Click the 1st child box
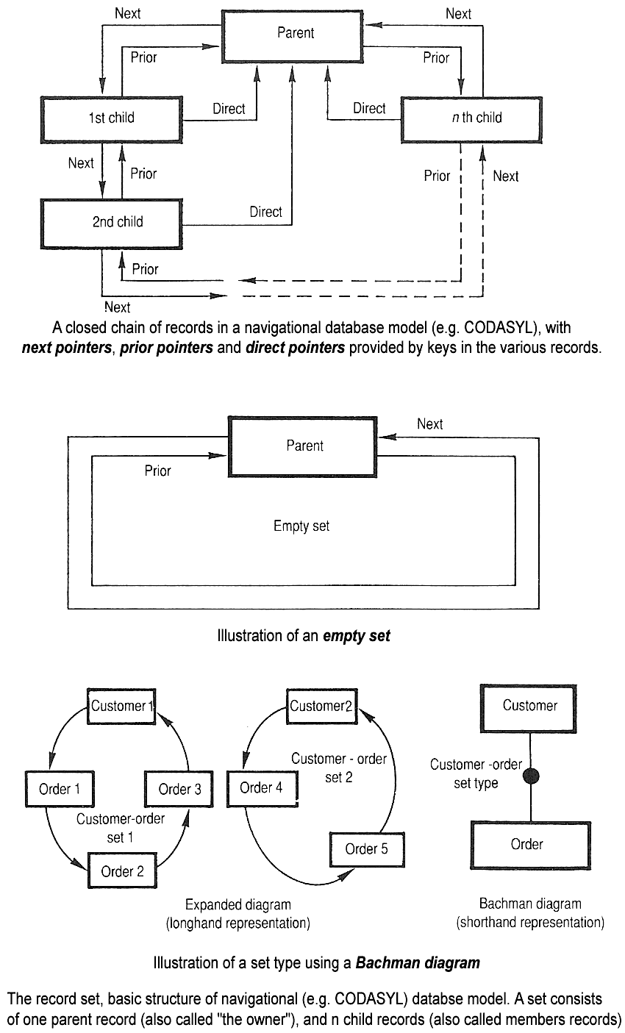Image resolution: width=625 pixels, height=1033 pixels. (111, 118)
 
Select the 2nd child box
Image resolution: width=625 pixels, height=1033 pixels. (111, 221)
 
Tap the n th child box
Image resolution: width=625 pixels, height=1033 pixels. (476, 118)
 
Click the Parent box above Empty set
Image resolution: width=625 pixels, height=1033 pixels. (304, 446)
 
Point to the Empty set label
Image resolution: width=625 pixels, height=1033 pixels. (301, 526)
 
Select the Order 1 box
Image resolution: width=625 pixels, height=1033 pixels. (60, 789)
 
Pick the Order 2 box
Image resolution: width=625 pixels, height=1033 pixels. (122, 871)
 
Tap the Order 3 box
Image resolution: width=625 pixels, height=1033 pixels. (179, 789)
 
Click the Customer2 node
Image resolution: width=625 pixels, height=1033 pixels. (321, 706)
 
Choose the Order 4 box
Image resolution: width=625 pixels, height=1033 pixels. (261, 787)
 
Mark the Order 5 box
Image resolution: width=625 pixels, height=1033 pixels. (366, 849)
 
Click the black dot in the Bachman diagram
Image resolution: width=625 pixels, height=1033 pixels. (530, 775)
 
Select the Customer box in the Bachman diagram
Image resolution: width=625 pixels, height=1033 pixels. (530, 706)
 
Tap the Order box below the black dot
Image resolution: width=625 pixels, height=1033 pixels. (527, 844)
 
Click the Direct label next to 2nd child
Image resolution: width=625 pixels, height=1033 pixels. (265, 212)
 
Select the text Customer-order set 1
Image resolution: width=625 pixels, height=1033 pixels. (121, 828)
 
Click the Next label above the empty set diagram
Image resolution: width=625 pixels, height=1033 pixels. (430, 423)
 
